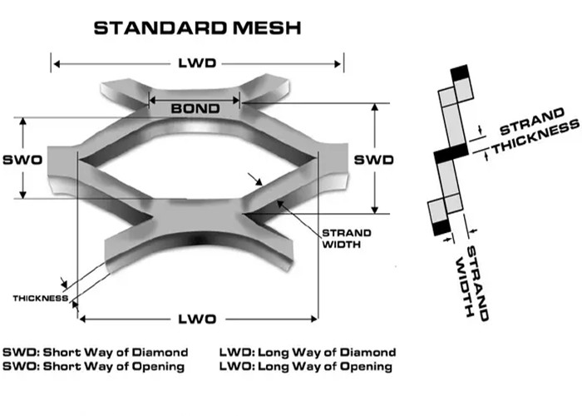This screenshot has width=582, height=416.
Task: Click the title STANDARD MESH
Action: pos(197,27)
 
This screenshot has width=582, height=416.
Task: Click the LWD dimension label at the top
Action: pos(198,63)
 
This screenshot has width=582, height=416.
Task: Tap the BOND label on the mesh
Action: pos(195,108)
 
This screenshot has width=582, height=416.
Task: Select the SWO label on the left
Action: pos(22,158)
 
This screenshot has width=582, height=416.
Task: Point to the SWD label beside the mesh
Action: pos(373,158)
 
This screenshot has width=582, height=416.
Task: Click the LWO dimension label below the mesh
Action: pos(197,319)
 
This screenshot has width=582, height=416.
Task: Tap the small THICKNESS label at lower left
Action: pos(40,298)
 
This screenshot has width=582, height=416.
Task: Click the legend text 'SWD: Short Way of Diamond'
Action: pos(96,352)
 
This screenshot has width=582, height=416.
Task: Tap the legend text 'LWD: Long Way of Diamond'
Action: pos(307,352)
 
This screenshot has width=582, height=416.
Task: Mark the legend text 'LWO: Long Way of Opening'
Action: pos(305,366)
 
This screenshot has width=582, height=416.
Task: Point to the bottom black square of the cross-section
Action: pos(438,225)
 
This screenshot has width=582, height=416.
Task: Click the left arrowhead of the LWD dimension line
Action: pos(55,63)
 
